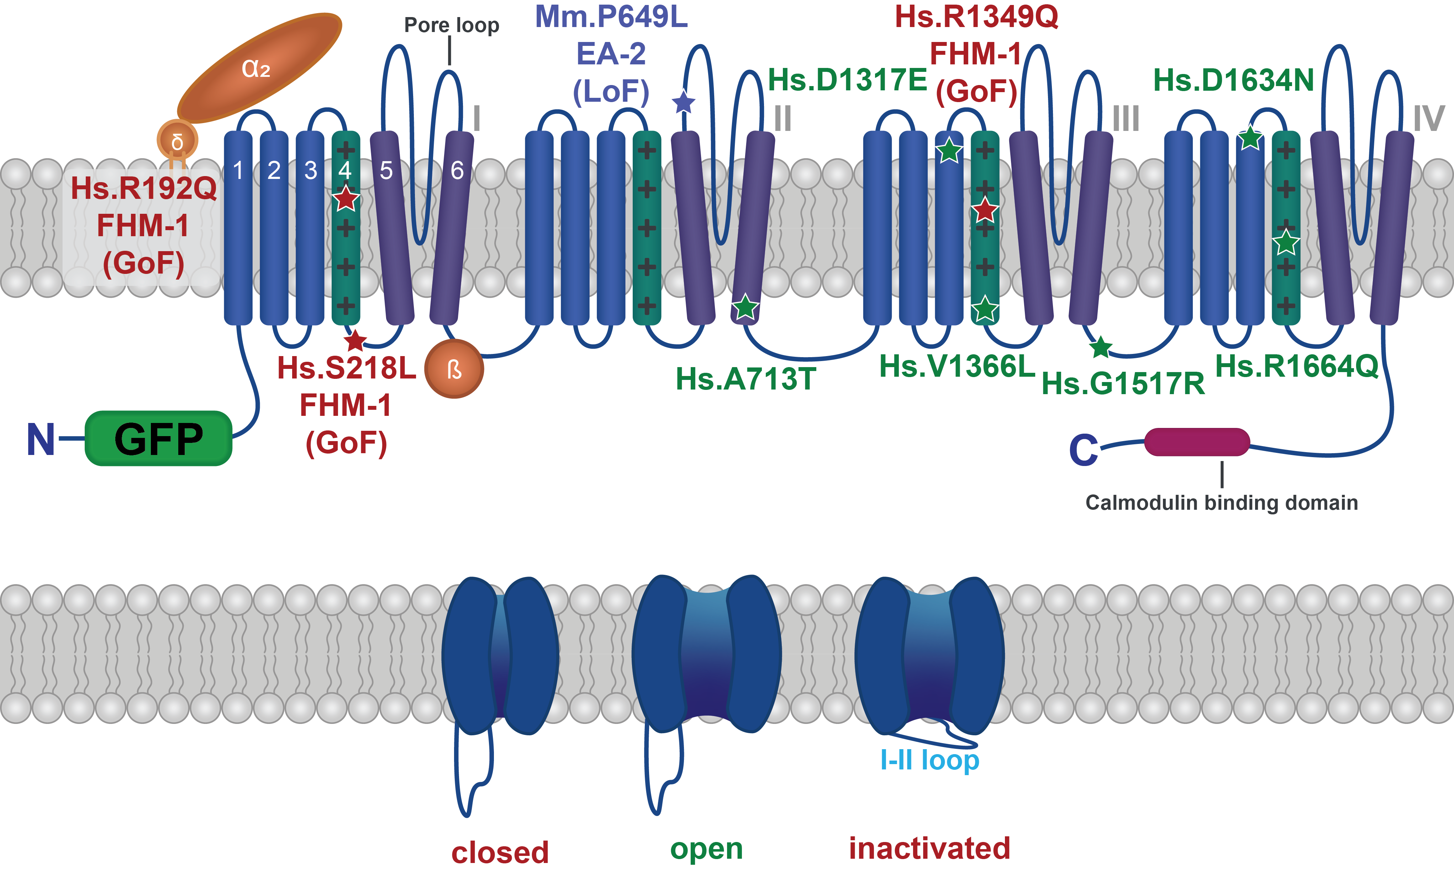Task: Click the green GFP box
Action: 158,438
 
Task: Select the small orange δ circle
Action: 177,141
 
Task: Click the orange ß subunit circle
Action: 454,369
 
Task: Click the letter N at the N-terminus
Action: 41,440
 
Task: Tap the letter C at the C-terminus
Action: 1084,450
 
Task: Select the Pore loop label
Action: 452,25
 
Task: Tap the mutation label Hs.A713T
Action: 746,379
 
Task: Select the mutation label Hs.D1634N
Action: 1233,80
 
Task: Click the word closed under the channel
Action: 500,852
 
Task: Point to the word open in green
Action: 706,849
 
